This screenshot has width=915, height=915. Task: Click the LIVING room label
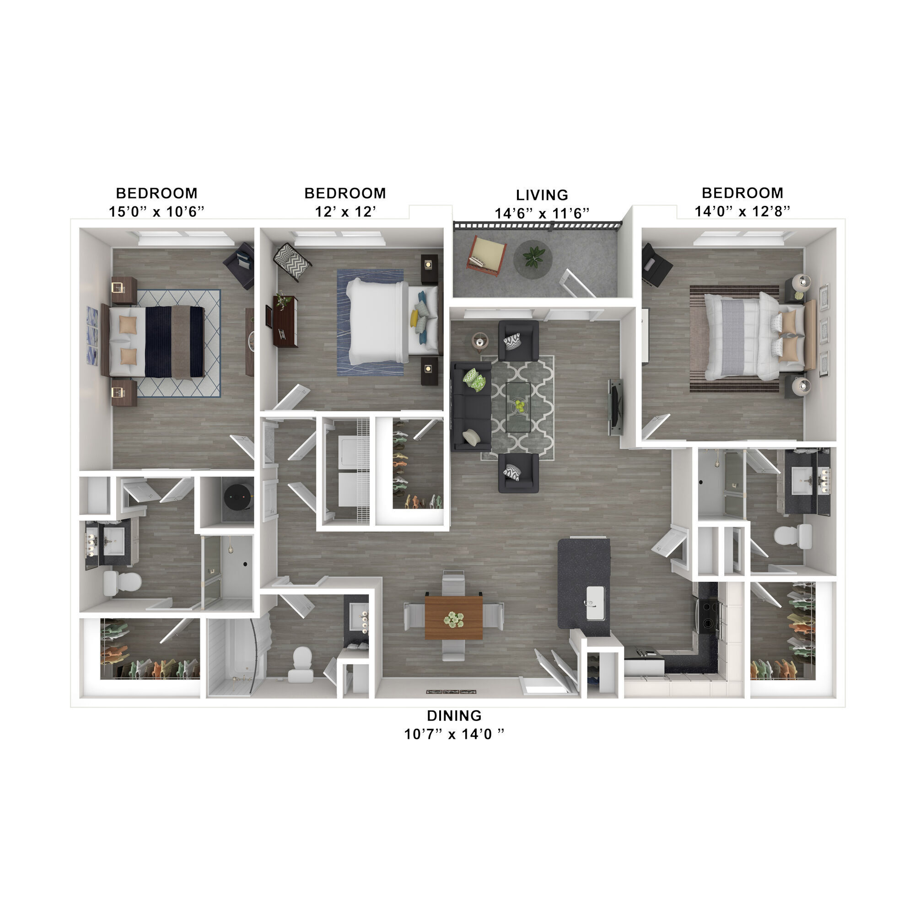point(542,194)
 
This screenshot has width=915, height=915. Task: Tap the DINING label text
point(454,715)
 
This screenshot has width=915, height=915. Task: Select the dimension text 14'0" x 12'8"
point(742,211)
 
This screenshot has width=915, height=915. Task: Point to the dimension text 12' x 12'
point(345,211)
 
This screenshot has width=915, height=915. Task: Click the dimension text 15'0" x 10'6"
point(156,211)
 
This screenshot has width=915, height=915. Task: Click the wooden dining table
point(454,618)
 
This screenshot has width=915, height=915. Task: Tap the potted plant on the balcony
point(533,258)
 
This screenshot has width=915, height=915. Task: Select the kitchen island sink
point(595,603)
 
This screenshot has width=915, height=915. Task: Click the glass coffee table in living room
point(518,407)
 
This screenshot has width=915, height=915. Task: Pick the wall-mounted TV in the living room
point(616,406)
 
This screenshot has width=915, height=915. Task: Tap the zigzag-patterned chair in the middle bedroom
point(292,261)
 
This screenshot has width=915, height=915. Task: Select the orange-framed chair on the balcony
point(486,256)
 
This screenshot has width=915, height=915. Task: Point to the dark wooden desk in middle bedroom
point(285,321)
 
